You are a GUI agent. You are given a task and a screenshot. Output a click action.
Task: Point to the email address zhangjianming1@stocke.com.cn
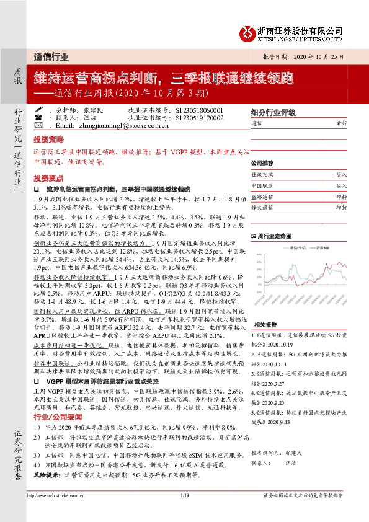[x=115, y=124]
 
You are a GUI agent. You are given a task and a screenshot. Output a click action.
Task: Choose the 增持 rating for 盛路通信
[x=342, y=196]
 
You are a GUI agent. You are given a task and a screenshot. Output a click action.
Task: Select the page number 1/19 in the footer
[x=184, y=512]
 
